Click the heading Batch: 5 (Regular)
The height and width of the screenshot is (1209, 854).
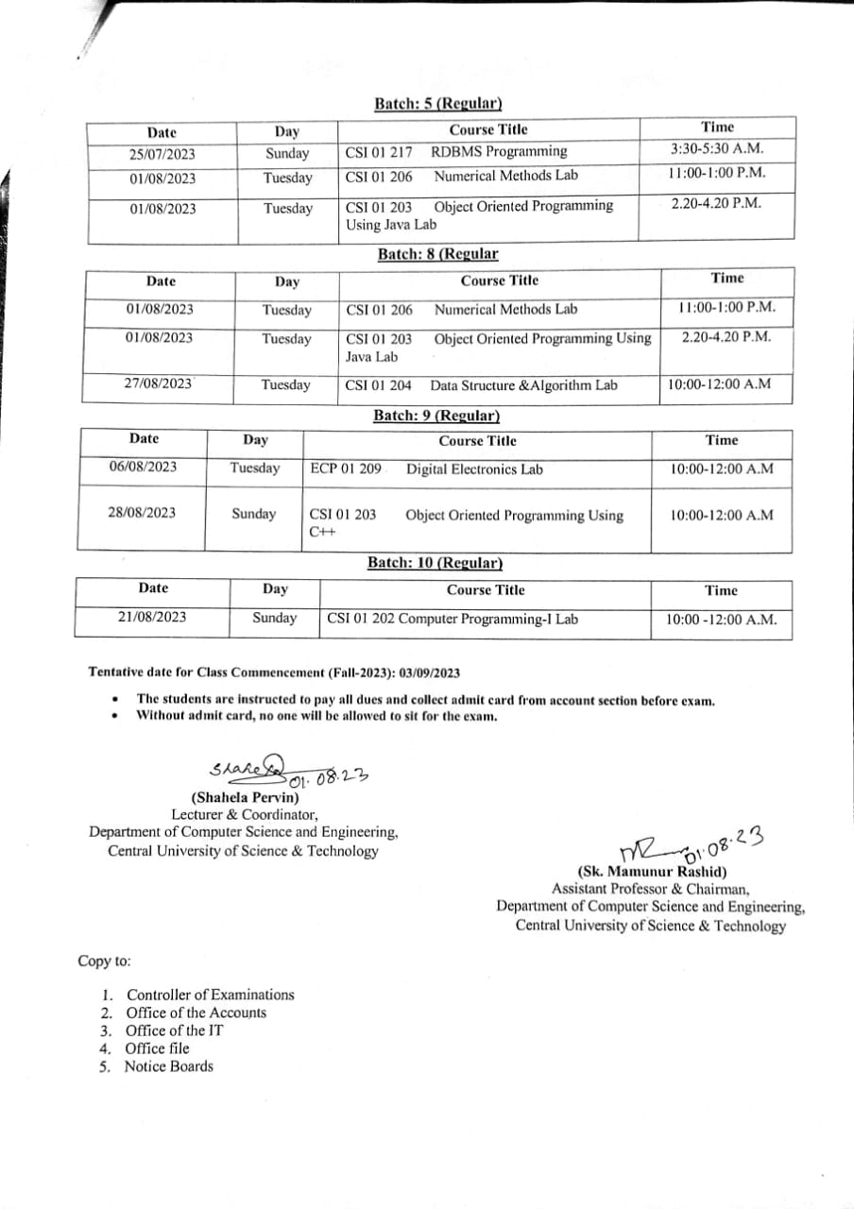click(x=437, y=104)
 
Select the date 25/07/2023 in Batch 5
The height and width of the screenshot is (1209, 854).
click(x=162, y=154)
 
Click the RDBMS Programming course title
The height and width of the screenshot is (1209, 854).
click(x=499, y=151)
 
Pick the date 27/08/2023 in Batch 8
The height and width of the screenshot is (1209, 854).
click(x=159, y=383)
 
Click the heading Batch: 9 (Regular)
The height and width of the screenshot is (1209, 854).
click(x=436, y=416)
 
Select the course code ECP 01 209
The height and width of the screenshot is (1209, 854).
click(x=346, y=469)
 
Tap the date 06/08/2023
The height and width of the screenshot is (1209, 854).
click(x=143, y=467)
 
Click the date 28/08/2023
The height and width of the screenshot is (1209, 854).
click(x=142, y=513)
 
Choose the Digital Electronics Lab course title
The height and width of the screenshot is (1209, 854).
click(x=474, y=469)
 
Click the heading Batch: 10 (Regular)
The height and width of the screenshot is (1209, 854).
click(x=435, y=563)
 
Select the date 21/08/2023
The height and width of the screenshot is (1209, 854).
click(x=152, y=617)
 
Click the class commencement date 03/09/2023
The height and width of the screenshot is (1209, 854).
click(x=430, y=673)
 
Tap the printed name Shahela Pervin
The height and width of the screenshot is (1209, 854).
click(x=245, y=797)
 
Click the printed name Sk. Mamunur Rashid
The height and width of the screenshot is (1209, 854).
click(x=651, y=872)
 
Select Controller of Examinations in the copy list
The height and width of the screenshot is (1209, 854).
click(x=210, y=995)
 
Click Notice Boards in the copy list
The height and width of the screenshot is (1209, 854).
click(x=169, y=1066)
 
